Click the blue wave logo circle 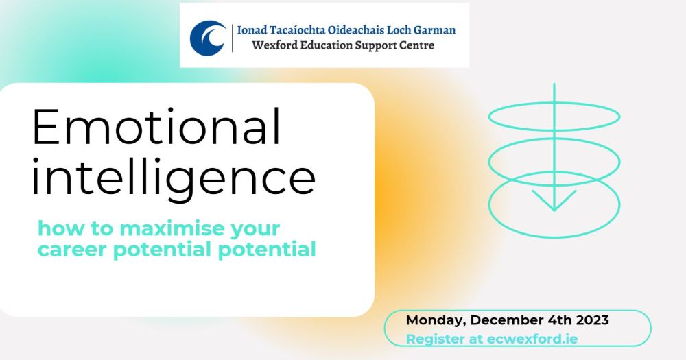pos(209,38)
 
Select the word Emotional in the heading pos(156,126)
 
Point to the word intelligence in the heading pos(174,178)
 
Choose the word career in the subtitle pos(72,250)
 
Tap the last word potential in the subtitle pos(267,250)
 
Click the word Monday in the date pos(436,321)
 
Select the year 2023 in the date pos(593,320)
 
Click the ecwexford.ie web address pos(532,339)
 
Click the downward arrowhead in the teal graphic pos(554,200)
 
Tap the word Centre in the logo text pos(417,45)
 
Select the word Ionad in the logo pos(252,30)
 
